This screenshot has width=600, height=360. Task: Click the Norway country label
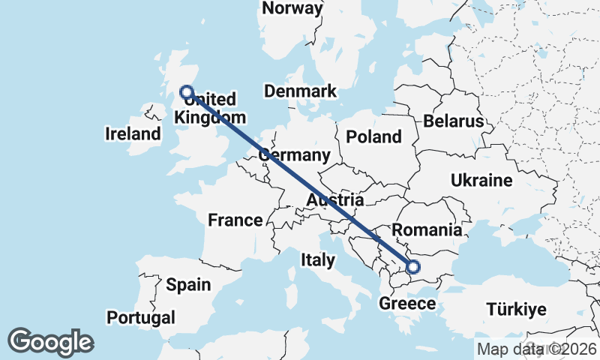292,9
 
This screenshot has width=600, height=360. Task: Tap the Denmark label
300,91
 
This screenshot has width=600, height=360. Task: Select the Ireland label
133,134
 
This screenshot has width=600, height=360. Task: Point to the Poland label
373,136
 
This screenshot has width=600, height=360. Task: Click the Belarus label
454,121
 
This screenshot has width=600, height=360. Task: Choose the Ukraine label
481,180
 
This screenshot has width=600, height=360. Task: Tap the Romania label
427,229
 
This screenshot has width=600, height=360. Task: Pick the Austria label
335,200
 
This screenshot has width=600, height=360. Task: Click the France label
235,220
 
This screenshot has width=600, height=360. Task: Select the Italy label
317,260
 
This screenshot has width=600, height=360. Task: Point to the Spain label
188,285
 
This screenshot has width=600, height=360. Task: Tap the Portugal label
141,317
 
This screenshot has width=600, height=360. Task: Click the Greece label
407,304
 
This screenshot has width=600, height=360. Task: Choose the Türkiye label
517,309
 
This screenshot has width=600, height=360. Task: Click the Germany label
294,156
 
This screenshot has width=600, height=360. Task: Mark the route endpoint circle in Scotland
187,93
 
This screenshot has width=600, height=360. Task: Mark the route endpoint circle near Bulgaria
413,266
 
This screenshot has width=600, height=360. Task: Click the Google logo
50,342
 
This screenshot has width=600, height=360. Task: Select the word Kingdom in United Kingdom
209,117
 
